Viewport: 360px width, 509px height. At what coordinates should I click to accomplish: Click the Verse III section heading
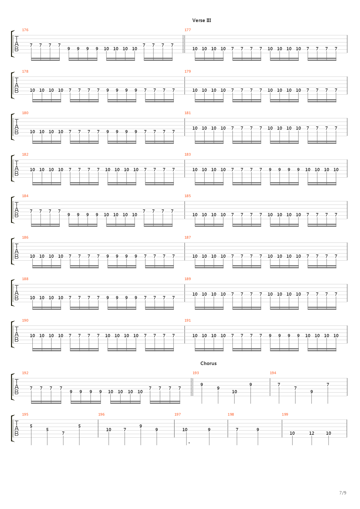point(201,20)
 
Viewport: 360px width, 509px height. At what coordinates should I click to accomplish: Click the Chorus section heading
point(208,363)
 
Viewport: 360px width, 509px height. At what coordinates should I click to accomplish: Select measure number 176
point(25,30)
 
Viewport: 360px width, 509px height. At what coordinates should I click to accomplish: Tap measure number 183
point(187,154)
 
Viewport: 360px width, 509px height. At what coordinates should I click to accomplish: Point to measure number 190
point(25,320)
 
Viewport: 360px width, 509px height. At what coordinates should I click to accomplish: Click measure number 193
point(196,373)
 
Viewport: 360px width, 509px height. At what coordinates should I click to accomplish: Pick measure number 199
point(285,414)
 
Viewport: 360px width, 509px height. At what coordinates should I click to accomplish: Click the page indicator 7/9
point(342,493)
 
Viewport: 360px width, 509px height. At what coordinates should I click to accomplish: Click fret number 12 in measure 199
point(312,433)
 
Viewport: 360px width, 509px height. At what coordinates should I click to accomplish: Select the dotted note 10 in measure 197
point(185,430)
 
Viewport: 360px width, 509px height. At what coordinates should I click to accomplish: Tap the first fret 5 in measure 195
point(31,426)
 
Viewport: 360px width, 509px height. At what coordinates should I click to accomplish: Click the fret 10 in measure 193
point(234,392)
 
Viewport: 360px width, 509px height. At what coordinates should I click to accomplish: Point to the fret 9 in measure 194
point(312,392)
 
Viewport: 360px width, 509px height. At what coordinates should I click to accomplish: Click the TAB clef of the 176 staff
point(17,44)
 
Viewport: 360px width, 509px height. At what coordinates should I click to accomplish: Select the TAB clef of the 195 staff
point(17,428)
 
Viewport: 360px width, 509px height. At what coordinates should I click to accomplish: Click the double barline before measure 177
point(184,44)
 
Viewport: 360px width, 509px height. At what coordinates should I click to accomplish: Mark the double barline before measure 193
point(192,387)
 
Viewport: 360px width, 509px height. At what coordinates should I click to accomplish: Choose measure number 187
point(187,237)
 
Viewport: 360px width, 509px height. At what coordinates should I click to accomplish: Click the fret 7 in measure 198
point(237,430)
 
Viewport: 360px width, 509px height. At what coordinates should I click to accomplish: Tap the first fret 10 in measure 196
point(109,430)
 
